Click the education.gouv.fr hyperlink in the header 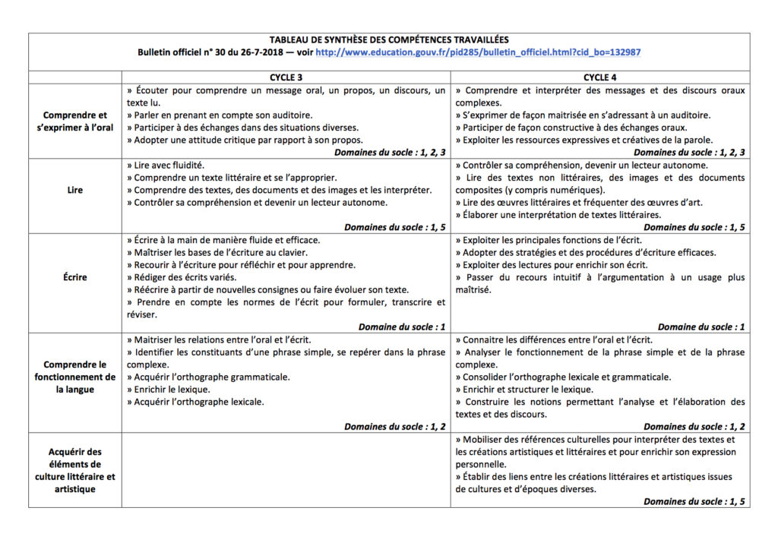click(478, 52)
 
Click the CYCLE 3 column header click(286, 77)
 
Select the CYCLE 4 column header click(600, 77)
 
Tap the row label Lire click(74, 190)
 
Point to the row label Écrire click(74, 277)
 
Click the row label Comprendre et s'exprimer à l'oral click(74, 121)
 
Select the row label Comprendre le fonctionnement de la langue click(74, 377)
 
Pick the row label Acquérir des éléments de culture click(74, 470)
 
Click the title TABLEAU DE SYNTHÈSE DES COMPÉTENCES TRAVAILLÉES click(389, 39)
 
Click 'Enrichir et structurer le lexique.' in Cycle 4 click(528, 389)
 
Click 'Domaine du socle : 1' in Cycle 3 click(400, 327)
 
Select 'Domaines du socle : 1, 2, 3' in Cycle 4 click(694, 153)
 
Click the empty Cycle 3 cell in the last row click(286, 470)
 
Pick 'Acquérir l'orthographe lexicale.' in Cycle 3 click(198, 402)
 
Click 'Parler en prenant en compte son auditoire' click(218, 115)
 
